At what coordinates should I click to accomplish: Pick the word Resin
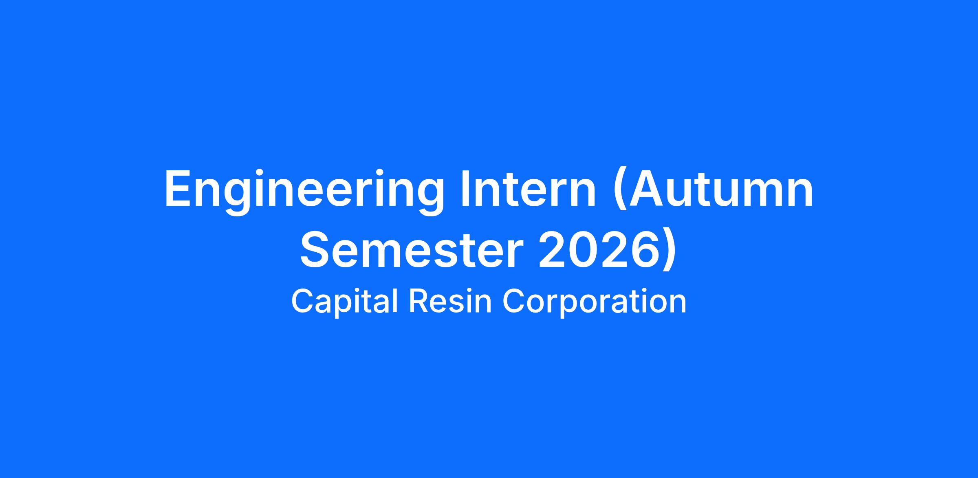[x=450, y=301]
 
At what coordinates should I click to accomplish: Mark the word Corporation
[x=595, y=302]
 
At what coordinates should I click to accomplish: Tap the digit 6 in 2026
[x=643, y=250]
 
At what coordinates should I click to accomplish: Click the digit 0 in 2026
[x=583, y=250]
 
